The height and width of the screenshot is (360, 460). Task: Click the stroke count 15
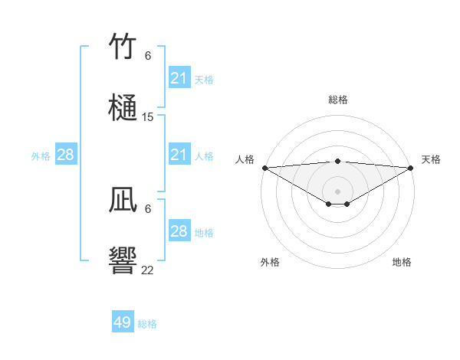point(148,117)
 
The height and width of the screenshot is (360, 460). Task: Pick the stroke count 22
point(148,270)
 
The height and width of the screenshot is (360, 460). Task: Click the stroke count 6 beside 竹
point(148,56)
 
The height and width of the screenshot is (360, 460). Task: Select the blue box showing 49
point(123,322)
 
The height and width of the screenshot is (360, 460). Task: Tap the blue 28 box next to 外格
point(66,155)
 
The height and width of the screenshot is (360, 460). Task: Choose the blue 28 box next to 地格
point(179,231)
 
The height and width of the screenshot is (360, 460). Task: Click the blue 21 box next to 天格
point(179,78)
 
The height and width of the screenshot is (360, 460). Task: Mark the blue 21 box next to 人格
point(179,155)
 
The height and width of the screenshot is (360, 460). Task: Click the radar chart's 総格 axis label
point(338,100)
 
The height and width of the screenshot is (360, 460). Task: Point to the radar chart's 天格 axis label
point(431,159)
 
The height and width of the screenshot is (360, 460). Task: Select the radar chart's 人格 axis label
point(245,159)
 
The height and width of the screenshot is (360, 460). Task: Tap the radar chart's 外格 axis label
point(270,262)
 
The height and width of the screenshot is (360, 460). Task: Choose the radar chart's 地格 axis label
point(402,262)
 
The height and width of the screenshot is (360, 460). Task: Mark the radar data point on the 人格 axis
point(264,168)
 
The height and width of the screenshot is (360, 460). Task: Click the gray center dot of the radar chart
point(338,191)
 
